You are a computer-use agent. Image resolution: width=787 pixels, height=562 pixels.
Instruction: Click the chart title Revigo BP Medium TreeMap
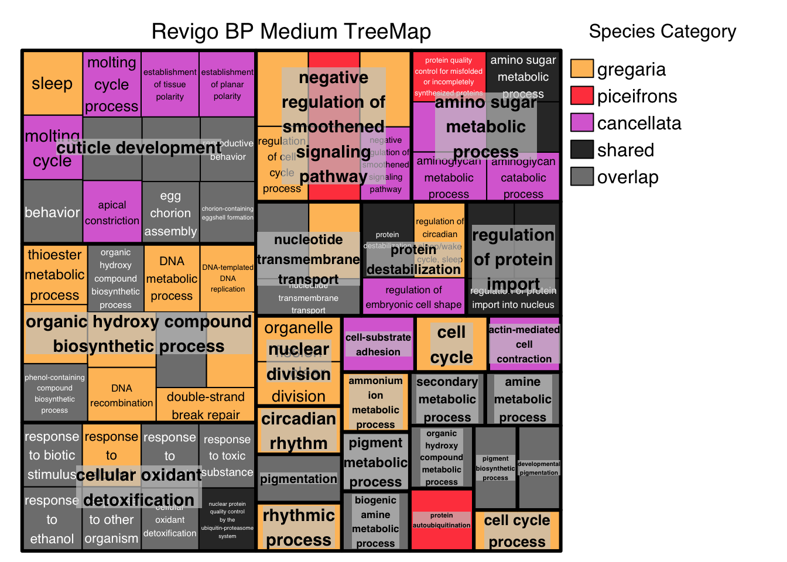pyautogui.click(x=291, y=32)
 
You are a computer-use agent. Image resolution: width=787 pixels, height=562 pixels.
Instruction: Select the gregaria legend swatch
pyautogui.click(x=581, y=69)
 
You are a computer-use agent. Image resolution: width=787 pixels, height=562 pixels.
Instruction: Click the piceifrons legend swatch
pyautogui.click(x=581, y=96)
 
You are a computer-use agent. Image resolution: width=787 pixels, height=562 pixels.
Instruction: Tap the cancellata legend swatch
pyautogui.click(x=581, y=123)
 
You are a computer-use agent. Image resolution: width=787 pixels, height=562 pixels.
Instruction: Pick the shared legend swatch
pyautogui.click(x=581, y=150)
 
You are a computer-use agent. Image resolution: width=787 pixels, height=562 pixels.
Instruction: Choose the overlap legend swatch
pyautogui.click(x=581, y=177)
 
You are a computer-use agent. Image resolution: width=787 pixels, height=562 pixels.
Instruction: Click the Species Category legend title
pyautogui.click(x=662, y=32)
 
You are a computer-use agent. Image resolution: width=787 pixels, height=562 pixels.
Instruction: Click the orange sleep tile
pyautogui.click(x=53, y=84)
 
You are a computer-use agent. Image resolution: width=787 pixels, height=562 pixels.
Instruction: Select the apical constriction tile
pyautogui.click(x=112, y=212)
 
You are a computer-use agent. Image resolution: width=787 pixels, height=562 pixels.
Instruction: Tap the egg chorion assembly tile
pyautogui.click(x=170, y=213)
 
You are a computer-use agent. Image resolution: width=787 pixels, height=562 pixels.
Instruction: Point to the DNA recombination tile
pyautogui.click(x=122, y=395)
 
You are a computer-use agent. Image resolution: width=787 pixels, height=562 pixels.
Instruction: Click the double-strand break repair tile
pyautogui.click(x=206, y=405)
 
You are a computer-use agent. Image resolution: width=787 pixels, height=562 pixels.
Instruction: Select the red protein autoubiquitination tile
pyautogui.click(x=442, y=520)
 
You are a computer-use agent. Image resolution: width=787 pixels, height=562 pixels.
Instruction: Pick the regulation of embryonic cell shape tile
pyautogui.click(x=413, y=297)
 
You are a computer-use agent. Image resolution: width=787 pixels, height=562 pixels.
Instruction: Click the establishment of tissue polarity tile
pyautogui.click(x=170, y=84)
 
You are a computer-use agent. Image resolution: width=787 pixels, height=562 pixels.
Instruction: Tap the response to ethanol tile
pyautogui.click(x=52, y=520)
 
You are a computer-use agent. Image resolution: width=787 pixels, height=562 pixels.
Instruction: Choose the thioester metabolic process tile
pyautogui.click(x=54, y=275)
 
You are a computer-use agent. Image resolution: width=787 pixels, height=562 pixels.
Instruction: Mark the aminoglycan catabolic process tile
pyautogui.click(x=523, y=177)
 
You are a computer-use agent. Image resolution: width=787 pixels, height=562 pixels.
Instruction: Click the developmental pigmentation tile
pyautogui.click(x=539, y=468)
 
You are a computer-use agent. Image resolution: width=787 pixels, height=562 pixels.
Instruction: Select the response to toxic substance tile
pyautogui.click(x=227, y=455)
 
